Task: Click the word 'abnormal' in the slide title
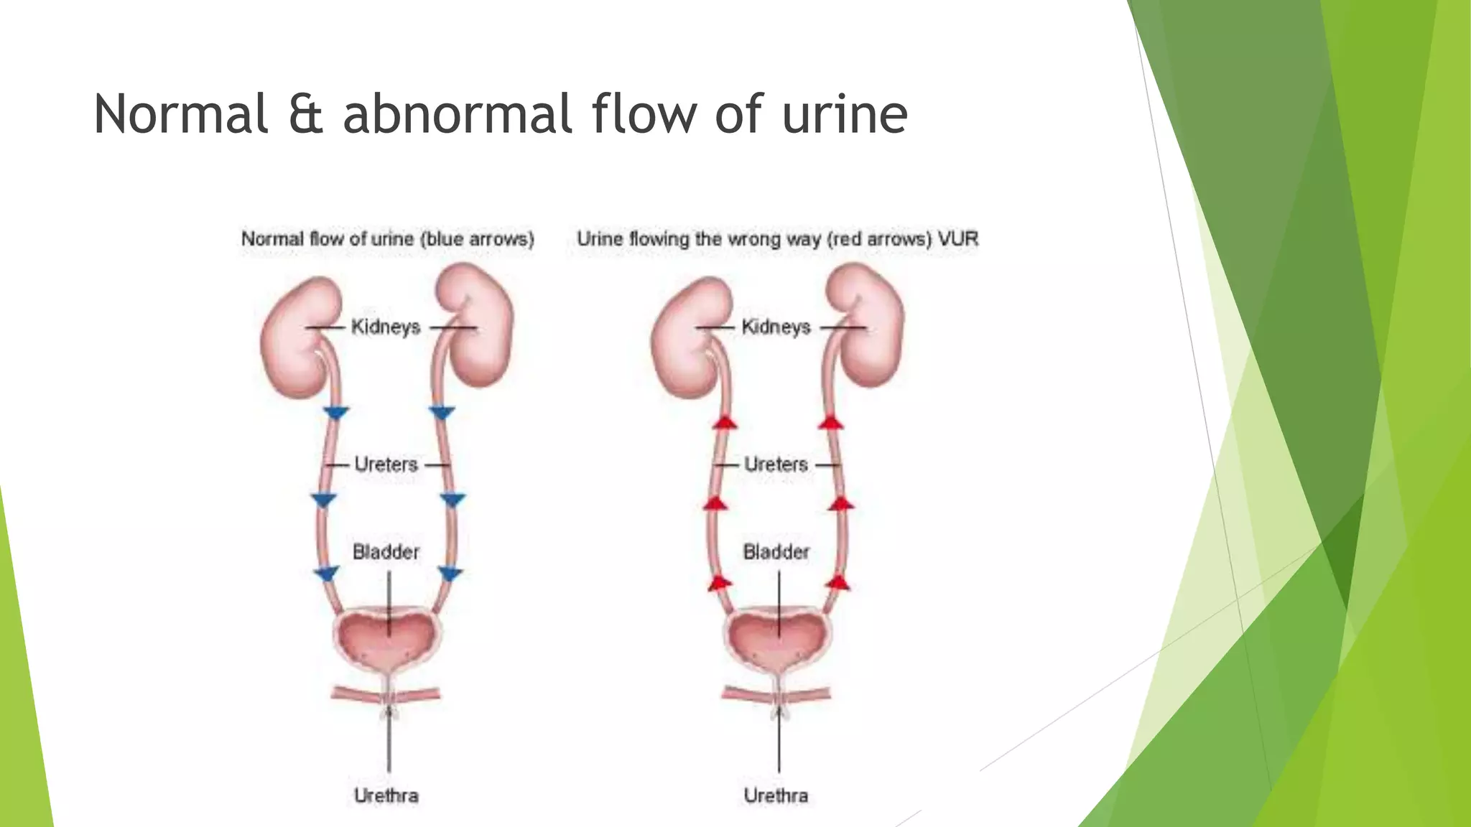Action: pyautogui.click(x=456, y=114)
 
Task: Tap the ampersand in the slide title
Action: pyautogui.click(x=305, y=115)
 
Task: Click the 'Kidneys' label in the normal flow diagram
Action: pyautogui.click(x=386, y=327)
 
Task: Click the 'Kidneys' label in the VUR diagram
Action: pyautogui.click(x=776, y=327)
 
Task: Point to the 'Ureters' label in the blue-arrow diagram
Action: pyautogui.click(x=386, y=464)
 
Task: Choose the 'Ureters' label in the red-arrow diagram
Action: pyautogui.click(x=776, y=464)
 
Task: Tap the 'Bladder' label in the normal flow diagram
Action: pyautogui.click(x=386, y=552)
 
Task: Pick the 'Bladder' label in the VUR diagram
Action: pyautogui.click(x=776, y=552)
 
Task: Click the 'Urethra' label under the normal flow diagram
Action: pyautogui.click(x=386, y=795)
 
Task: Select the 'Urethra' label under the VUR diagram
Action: pyautogui.click(x=776, y=795)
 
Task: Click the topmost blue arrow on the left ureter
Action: pyautogui.click(x=336, y=413)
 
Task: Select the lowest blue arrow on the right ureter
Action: pyautogui.click(x=450, y=574)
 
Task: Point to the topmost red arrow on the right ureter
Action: pyautogui.click(x=831, y=422)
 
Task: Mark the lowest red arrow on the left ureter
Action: pyautogui.click(x=720, y=582)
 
